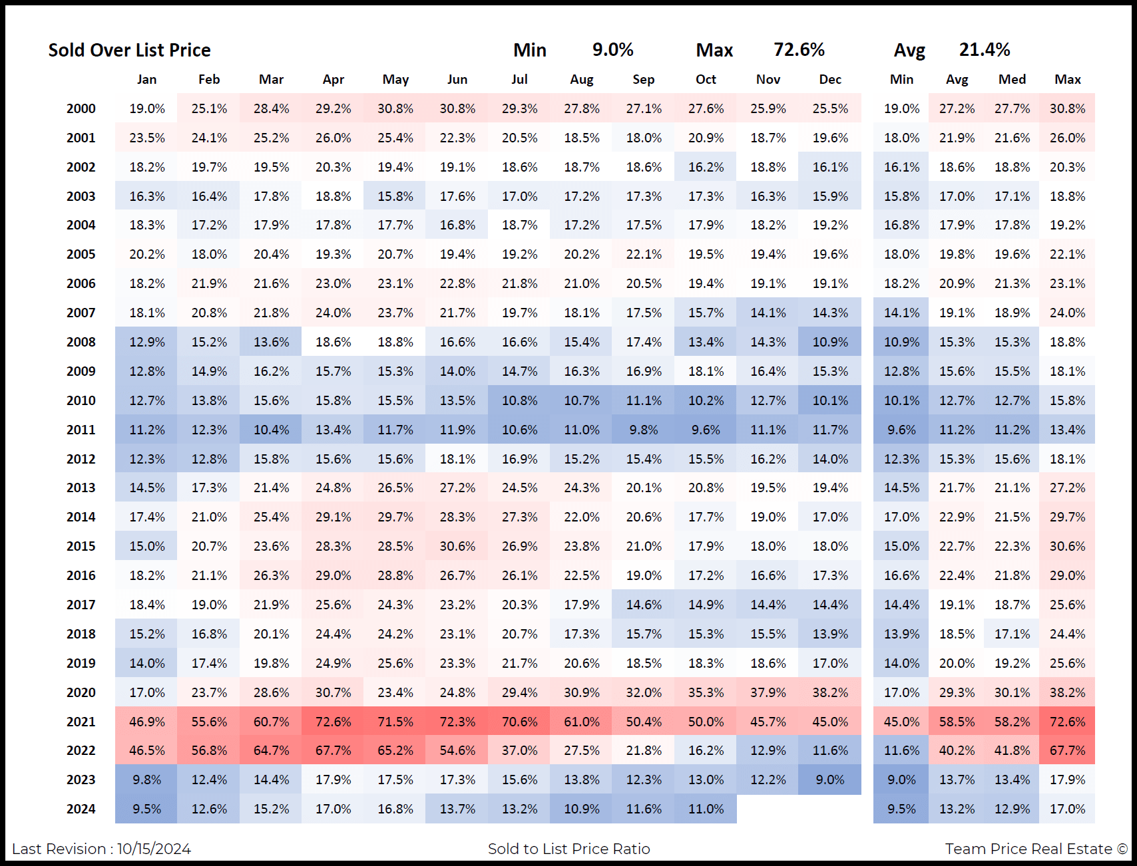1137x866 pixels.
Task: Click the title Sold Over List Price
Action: (129, 51)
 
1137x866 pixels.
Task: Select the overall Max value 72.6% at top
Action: (799, 50)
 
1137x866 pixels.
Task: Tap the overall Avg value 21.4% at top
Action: (984, 50)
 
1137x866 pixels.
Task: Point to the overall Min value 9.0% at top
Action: (612, 50)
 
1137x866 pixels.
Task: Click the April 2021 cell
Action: (333, 722)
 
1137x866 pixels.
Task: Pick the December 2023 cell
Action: (829, 780)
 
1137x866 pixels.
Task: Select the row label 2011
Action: (81, 430)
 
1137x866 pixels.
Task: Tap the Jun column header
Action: (457, 80)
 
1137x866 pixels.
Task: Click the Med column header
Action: (1012, 80)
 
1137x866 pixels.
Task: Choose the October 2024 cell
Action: (706, 809)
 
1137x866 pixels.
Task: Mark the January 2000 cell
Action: (147, 108)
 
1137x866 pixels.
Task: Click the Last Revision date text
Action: (101, 849)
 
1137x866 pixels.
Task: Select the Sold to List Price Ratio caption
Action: (568, 849)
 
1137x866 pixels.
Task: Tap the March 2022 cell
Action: (271, 750)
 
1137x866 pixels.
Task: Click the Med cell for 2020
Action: (1012, 692)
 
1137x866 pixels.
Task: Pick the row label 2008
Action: (81, 342)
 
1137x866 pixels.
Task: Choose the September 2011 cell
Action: (644, 430)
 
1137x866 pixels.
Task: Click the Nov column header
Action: (768, 80)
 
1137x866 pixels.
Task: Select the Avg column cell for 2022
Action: (957, 750)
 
